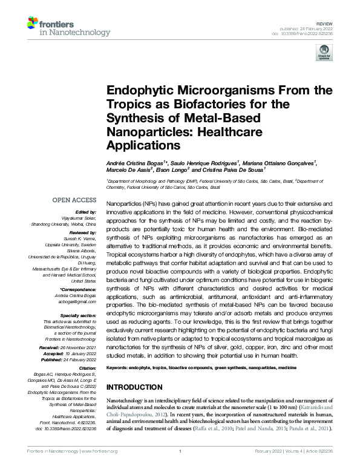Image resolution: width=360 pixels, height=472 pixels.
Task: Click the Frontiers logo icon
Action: [x=33, y=25]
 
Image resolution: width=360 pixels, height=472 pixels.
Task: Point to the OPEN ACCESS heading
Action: [x=74, y=200]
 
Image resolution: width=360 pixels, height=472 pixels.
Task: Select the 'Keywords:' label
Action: [x=120, y=368]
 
